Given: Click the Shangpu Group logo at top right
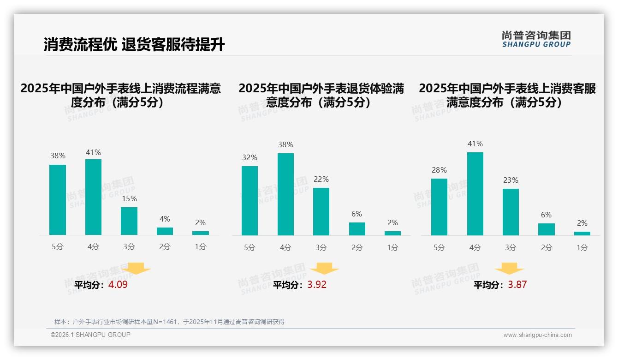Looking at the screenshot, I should click(x=536, y=39).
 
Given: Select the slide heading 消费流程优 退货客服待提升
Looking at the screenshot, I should click(x=134, y=45).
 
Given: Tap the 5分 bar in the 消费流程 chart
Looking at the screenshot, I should click(x=58, y=200).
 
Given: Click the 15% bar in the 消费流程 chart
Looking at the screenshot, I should click(x=129, y=221).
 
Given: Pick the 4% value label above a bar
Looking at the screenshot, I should click(x=165, y=219).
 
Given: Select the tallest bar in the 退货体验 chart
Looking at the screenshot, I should click(x=285, y=194).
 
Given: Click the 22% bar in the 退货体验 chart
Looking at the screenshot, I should click(x=321, y=211).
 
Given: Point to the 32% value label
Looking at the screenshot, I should click(x=250, y=158).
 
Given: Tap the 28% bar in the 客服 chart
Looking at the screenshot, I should click(x=439, y=207).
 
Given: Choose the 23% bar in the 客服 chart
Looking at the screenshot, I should click(x=511, y=212).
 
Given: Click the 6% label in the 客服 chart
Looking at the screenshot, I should click(x=546, y=215).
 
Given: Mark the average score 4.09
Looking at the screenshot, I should click(x=118, y=285).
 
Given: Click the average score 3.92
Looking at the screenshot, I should click(x=317, y=285).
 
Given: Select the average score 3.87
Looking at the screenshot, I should click(x=517, y=285).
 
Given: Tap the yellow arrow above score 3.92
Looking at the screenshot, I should click(x=324, y=269).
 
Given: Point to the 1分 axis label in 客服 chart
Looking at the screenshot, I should click(x=582, y=247).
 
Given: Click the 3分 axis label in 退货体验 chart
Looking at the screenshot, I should click(x=321, y=247).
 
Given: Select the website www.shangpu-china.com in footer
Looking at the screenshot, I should click(x=537, y=335).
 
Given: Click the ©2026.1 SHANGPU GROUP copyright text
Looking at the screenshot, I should click(x=90, y=335).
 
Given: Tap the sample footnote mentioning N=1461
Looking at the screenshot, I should click(x=169, y=322).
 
